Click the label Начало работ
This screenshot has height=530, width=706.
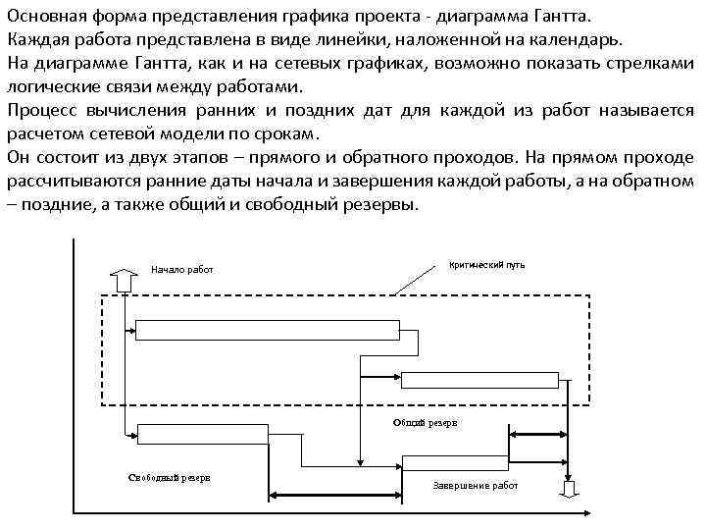[181, 270]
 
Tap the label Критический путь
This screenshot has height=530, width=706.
[486, 265]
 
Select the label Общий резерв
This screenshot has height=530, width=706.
[424, 422]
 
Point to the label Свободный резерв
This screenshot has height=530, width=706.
[170, 478]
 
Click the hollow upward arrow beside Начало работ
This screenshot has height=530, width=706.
[126, 280]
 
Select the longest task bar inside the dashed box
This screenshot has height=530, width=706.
[267, 329]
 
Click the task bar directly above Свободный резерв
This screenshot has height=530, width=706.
[203, 433]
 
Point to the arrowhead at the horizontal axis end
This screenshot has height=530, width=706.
[591, 512]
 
